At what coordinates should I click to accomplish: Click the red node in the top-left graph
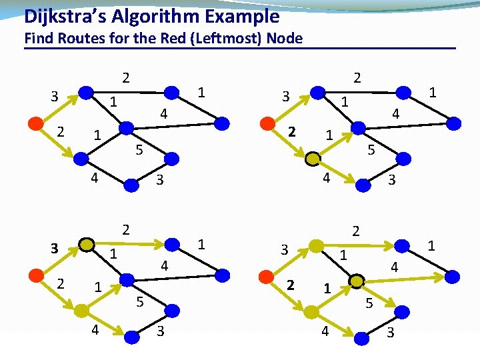pyautogui.click(x=37, y=124)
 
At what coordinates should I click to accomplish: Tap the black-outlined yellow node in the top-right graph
pyautogui.click(x=312, y=159)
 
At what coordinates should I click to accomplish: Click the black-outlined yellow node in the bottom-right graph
pyautogui.click(x=357, y=281)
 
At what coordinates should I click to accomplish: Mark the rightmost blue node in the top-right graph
pyautogui.click(x=453, y=123)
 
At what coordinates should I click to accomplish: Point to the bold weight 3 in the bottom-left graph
pyautogui.click(x=56, y=249)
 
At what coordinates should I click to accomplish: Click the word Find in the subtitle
pyautogui.click(x=37, y=38)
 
